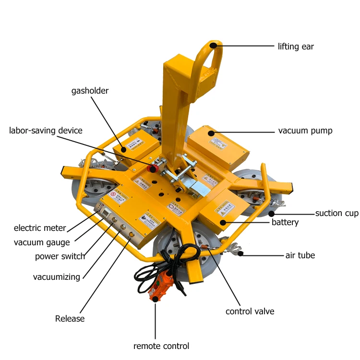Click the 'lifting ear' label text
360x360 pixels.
point(296,47)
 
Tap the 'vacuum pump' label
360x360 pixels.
point(305,131)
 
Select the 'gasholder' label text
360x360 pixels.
point(90,91)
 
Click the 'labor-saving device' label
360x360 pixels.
point(46,131)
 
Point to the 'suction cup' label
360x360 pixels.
point(336,213)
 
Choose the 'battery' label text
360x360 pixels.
point(285,222)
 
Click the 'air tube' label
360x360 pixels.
point(300,255)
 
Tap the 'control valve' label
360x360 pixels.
point(250,312)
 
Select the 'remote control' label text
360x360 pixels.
point(161,346)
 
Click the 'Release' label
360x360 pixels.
point(70,319)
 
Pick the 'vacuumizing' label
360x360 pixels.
point(57,277)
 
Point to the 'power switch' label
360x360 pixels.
point(60,256)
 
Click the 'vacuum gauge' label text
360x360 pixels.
point(42,242)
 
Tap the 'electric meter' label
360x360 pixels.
point(40,228)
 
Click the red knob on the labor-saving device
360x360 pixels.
point(154,169)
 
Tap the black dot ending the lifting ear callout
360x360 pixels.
point(212,46)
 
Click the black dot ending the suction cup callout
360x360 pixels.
point(271,213)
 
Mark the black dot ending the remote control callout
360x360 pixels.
point(155,302)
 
